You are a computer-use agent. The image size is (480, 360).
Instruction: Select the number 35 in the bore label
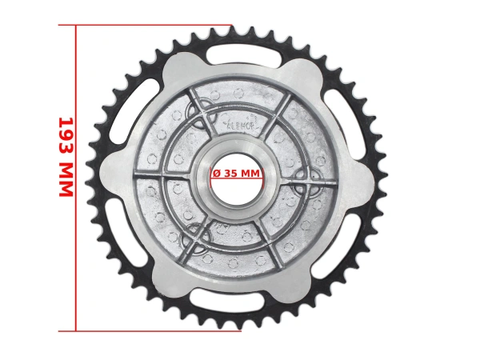(231, 173)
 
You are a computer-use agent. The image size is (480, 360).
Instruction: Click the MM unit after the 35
(250, 173)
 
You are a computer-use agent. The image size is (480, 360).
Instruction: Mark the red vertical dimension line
(76, 240)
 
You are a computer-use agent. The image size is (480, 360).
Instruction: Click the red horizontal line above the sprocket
(152, 25)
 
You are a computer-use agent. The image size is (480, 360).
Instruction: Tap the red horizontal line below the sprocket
(152, 330)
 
